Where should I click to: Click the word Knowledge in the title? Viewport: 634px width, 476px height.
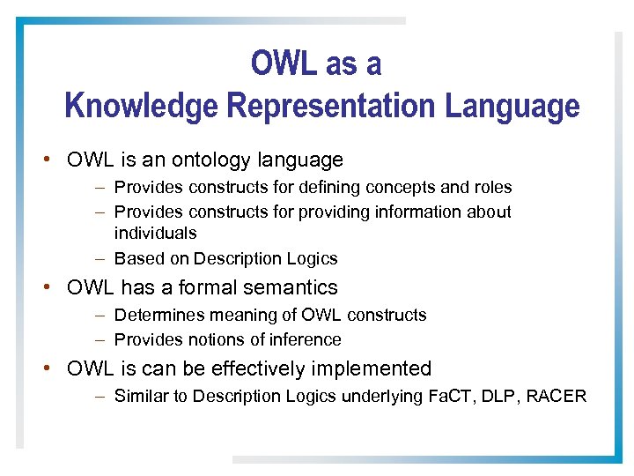[142, 107]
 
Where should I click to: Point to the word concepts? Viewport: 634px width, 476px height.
[396, 188]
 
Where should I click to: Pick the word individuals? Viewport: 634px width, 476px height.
[155, 234]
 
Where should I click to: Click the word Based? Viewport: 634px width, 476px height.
[137, 259]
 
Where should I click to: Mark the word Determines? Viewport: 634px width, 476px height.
[155, 316]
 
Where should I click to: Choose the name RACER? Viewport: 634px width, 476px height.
[556, 397]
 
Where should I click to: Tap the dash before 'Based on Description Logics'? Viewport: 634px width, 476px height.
[101, 259]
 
